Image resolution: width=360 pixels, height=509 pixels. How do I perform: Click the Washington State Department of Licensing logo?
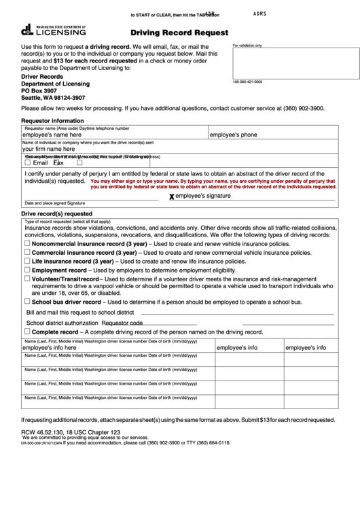[54, 30]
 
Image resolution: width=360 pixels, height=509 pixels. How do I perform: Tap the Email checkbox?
[26, 162]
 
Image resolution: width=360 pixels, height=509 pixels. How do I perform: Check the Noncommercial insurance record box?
[26, 243]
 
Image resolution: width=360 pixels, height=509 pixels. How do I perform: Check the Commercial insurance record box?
[26, 252]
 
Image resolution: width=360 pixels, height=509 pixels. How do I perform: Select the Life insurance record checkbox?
[26, 261]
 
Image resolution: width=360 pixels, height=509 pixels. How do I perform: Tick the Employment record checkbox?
[26, 270]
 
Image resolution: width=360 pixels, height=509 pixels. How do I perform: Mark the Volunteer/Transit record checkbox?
[26, 279]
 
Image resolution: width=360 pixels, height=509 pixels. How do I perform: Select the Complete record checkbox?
[26, 332]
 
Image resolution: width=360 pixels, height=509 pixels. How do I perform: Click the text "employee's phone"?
[233, 135]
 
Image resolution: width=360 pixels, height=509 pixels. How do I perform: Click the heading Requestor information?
[53, 120]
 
